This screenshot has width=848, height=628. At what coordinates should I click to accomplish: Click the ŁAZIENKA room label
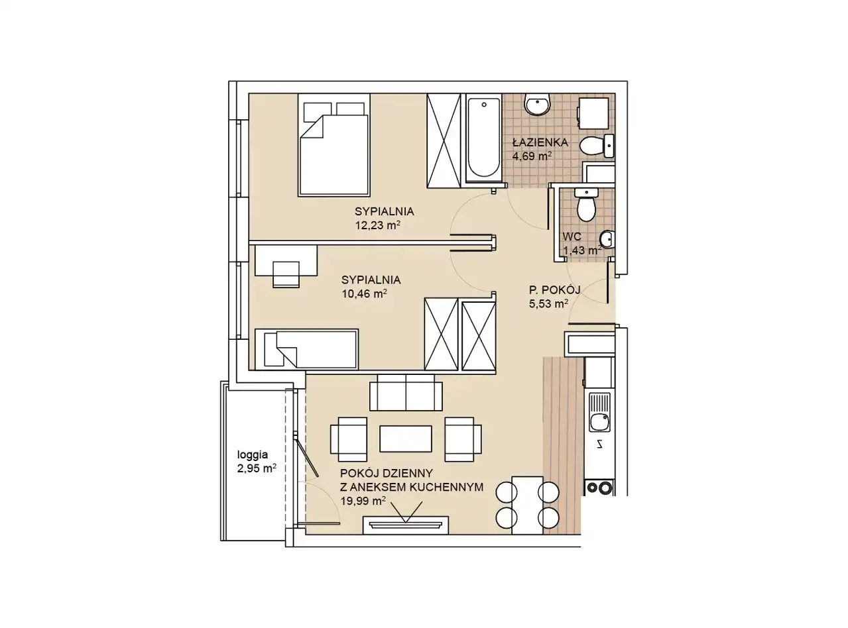click(x=540, y=142)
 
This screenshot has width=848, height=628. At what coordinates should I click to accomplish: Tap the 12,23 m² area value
click(x=378, y=225)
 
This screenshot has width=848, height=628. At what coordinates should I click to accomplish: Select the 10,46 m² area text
click(x=364, y=293)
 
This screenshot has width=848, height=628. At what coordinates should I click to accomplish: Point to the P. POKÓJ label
click(x=554, y=290)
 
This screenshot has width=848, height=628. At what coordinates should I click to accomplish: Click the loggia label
click(x=253, y=454)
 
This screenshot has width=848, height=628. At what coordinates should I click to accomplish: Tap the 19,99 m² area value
click(x=363, y=501)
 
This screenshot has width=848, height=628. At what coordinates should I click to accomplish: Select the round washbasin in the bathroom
click(x=538, y=104)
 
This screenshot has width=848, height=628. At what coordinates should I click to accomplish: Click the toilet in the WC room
click(x=585, y=205)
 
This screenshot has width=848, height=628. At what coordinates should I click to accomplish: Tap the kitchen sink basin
click(x=599, y=423)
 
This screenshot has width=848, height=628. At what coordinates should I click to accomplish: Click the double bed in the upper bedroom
click(x=333, y=145)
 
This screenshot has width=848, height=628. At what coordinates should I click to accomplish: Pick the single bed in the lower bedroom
click(x=306, y=350)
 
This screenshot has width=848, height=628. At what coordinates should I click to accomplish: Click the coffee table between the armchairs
click(x=406, y=439)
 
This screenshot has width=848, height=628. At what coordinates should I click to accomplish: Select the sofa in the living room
click(x=406, y=392)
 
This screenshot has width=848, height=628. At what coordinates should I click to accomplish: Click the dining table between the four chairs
click(x=527, y=505)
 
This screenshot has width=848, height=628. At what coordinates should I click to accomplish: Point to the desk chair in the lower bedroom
click(x=286, y=274)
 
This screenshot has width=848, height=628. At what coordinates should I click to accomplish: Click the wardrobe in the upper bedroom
click(x=444, y=140)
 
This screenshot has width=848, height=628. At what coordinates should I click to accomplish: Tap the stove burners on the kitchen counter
click(x=599, y=488)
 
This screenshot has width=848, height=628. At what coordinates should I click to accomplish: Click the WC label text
click(x=572, y=236)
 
